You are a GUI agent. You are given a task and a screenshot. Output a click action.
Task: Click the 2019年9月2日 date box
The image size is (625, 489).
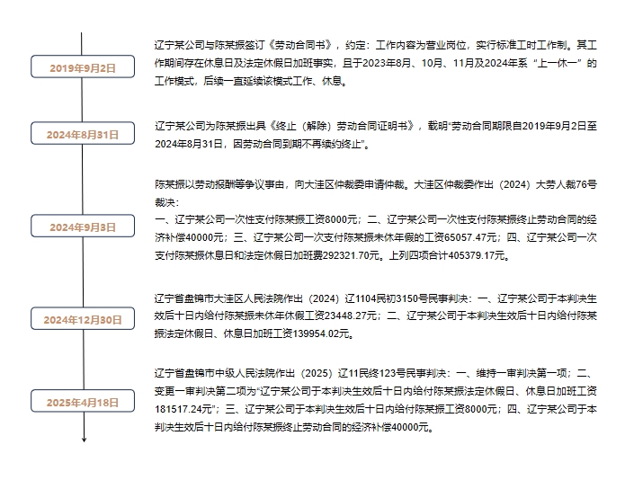[83, 67]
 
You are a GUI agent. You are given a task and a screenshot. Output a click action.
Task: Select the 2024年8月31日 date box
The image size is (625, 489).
[83, 133]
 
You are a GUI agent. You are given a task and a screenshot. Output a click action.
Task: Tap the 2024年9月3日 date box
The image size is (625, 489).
[83, 226]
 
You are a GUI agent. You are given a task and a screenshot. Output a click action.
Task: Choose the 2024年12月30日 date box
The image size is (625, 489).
[83, 318]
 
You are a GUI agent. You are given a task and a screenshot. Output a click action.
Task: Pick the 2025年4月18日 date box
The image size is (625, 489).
[83, 401]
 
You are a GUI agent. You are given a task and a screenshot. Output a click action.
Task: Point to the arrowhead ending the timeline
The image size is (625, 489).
[85, 440]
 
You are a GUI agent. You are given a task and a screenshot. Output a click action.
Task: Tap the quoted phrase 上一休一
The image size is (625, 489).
[557, 63]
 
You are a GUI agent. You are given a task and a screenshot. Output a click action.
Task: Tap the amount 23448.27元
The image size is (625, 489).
[351, 316]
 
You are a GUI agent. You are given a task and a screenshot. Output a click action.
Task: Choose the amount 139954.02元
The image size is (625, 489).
[322, 333]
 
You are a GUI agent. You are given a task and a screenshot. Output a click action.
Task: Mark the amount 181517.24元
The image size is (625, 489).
[183, 409]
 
